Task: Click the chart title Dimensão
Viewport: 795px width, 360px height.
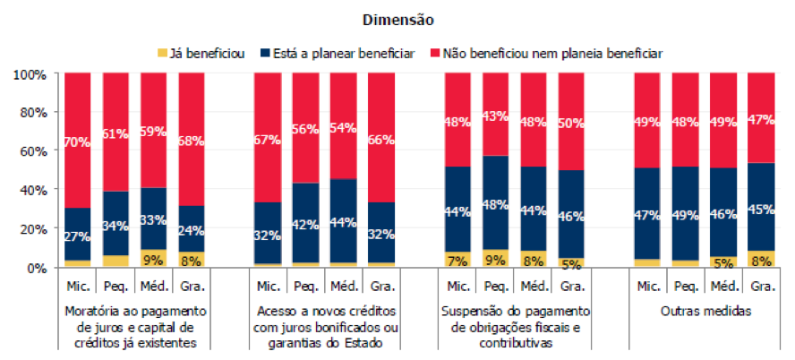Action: (397, 18)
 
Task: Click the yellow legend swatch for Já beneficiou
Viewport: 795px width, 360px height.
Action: (163, 54)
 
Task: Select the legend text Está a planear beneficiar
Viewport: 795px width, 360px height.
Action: (344, 54)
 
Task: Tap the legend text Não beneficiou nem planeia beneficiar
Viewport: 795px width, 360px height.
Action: (555, 54)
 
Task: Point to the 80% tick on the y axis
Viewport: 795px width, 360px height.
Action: (32, 112)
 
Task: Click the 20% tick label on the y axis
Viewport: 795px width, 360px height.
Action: (32, 228)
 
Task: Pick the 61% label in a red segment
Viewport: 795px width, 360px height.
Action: (116, 134)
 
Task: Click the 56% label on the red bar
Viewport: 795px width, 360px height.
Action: (305, 129)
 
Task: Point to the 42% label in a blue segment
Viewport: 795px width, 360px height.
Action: (305, 224)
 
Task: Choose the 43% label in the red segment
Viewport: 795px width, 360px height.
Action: (495, 116)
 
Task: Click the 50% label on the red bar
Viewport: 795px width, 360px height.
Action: (571, 123)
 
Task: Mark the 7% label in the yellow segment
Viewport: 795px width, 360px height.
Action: (457, 261)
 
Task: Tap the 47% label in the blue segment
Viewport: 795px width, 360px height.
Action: (646, 216)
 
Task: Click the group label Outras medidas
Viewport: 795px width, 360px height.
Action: (704, 312)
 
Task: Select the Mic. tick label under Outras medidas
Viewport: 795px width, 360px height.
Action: (646, 287)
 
